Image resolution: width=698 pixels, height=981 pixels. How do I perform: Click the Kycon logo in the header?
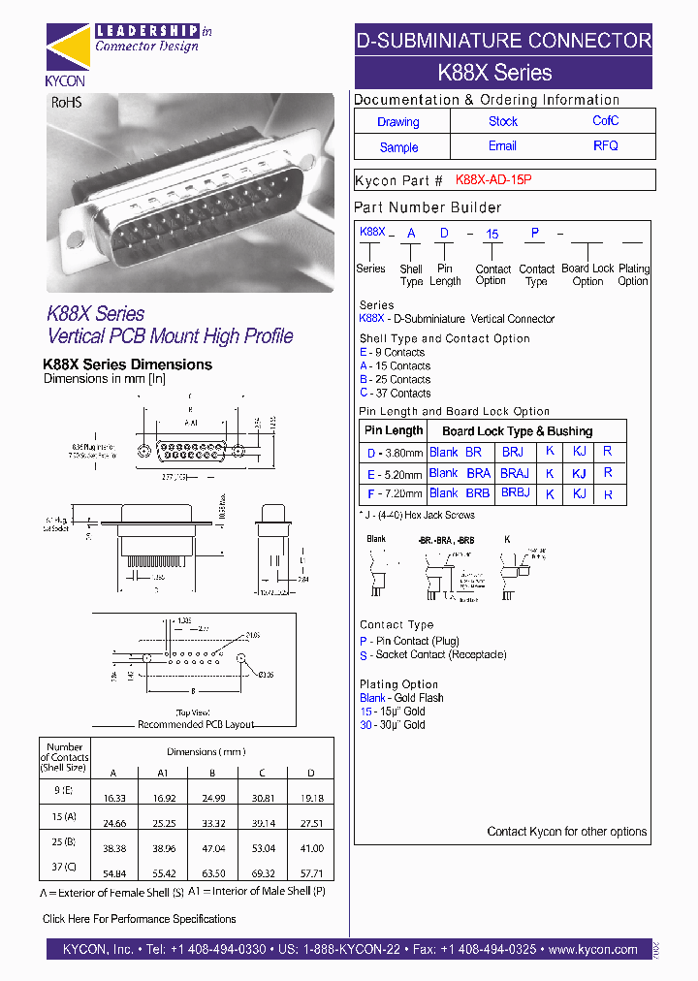[65, 54]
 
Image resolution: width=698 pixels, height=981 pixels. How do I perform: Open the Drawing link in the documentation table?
[398, 122]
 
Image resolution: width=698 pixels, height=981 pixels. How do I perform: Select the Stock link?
[502, 121]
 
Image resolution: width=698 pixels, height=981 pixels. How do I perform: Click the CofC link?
[605, 121]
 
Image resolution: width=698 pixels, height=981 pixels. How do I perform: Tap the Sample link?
[398, 147]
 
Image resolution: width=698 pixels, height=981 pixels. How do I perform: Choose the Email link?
[502, 146]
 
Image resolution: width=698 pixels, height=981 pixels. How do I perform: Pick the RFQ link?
[605, 146]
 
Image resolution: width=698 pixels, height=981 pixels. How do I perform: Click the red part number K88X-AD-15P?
[493, 180]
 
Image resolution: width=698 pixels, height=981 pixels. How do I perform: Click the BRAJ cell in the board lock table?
[515, 473]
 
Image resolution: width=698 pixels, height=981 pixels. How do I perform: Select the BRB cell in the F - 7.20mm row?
[478, 493]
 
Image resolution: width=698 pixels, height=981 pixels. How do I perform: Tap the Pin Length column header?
[393, 430]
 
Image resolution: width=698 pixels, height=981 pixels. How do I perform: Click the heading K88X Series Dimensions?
[128, 364]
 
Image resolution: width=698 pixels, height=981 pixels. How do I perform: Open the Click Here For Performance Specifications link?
[139, 919]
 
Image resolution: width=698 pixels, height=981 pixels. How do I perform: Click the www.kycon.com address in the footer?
[592, 950]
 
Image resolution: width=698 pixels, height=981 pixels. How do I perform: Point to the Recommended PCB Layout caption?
[196, 724]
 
